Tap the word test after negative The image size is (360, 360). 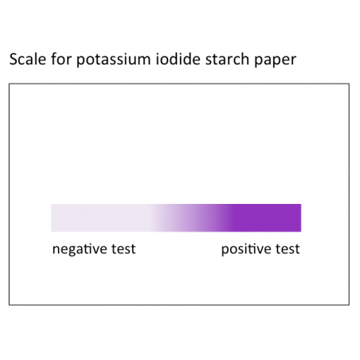coord(121,249)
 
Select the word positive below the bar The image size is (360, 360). coord(245,249)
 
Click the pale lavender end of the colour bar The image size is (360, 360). coord(80,217)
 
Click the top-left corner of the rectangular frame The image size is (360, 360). coord(10,84)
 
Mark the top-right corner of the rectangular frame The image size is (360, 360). coord(349,84)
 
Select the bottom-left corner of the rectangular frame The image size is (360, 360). coord(10,304)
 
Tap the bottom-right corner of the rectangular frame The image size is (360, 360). coord(349,304)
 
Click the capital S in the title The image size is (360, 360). coord(13,61)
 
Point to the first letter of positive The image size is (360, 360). coord(225,250)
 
